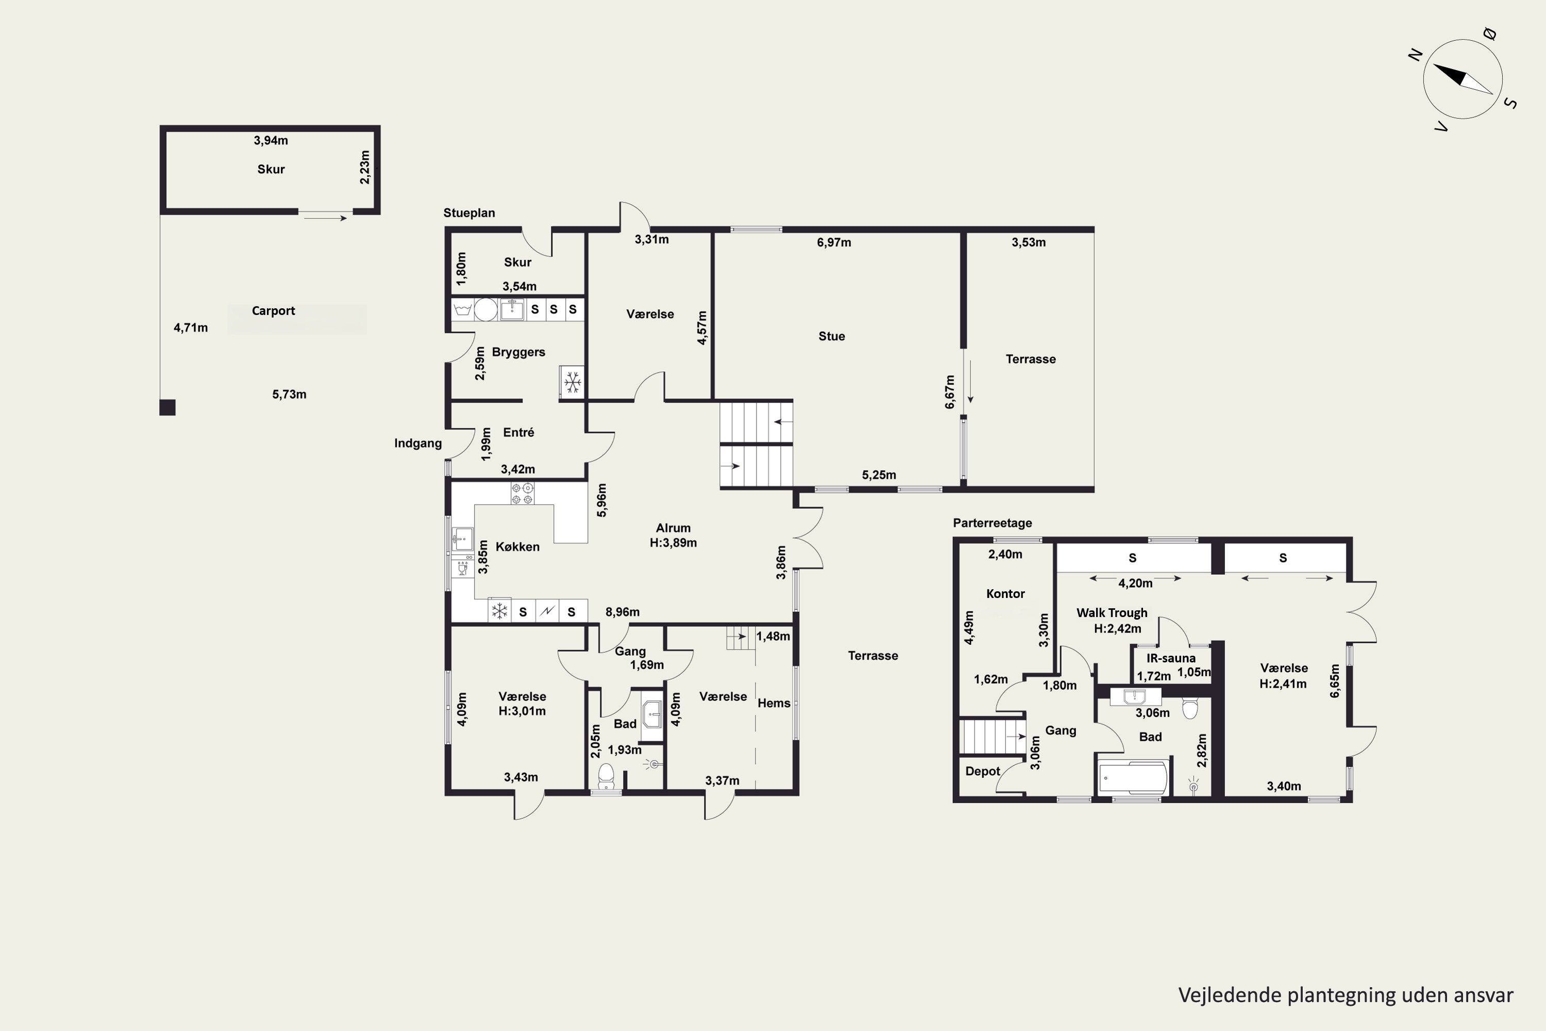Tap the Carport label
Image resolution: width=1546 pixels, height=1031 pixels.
pyautogui.click(x=274, y=310)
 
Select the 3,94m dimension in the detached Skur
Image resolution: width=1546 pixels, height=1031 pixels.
pyautogui.click(x=271, y=140)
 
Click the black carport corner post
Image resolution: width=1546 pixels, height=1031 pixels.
pyautogui.click(x=167, y=408)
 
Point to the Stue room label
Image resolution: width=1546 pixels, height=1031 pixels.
pyautogui.click(x=832, y=336)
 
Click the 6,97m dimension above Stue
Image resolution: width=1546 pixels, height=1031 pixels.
pyautogui.click(x=834, y=242)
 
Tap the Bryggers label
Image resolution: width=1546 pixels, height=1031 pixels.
pyautogui.click(x=518, y=352)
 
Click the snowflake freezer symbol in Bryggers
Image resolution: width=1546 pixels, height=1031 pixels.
pyautogui.click(x=573, y=382)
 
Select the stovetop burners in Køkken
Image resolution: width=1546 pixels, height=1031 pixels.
pyautogui.click(x=523, y=494)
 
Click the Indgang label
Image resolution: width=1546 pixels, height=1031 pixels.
pyautogui.click(x=418, y=443)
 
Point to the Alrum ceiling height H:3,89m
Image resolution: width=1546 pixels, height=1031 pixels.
pyautogui.click(x=673, y=542)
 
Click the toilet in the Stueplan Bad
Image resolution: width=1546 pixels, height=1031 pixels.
pyautogui.click(x=606, y=776)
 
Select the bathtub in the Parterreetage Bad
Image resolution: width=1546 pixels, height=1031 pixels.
pyautogui.click(x=1134, y=778)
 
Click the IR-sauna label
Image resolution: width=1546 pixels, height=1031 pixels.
pyautogui.click(x=1171, y=658)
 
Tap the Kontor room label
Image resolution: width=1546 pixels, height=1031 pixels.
pyautogui.click(x=1006, y=594)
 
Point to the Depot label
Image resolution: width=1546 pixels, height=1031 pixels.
pyautogui.click(x=983, y=771)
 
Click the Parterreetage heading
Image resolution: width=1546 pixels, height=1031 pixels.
pyautogui.click(x=993, y=523)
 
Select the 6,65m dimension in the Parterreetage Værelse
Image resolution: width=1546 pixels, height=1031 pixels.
pyautogui.click(x=1334, y=680)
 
